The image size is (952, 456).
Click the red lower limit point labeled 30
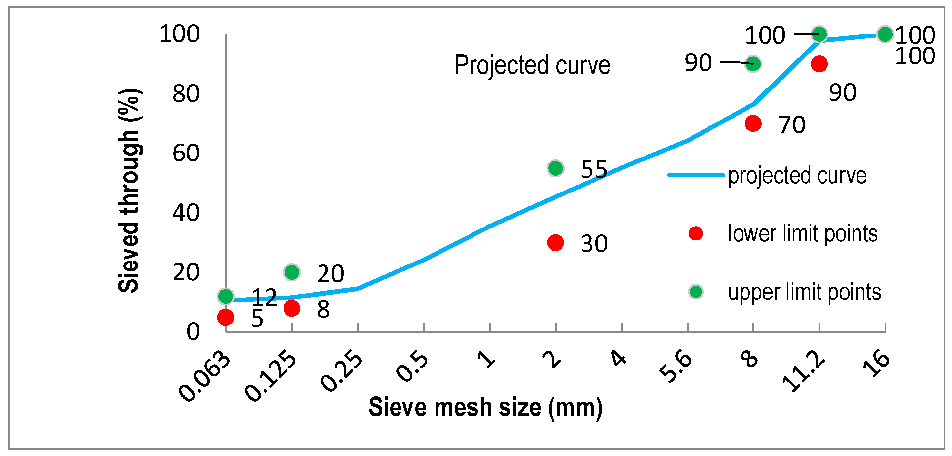(555, 243)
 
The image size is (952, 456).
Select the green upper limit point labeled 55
(555, 168)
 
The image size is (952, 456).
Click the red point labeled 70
(753, 123)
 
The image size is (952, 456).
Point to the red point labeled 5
(225, 317)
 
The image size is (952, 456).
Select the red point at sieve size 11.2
(819, 64)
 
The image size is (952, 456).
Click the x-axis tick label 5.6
(675, 367)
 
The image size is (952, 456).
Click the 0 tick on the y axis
(193, 332)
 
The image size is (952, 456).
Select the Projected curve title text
(532, 65)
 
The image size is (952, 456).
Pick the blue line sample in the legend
(696, 175)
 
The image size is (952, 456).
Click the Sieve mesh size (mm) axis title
(485, 407)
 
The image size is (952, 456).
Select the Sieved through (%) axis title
(128, 190)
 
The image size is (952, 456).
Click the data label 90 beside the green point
(698, 63)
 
